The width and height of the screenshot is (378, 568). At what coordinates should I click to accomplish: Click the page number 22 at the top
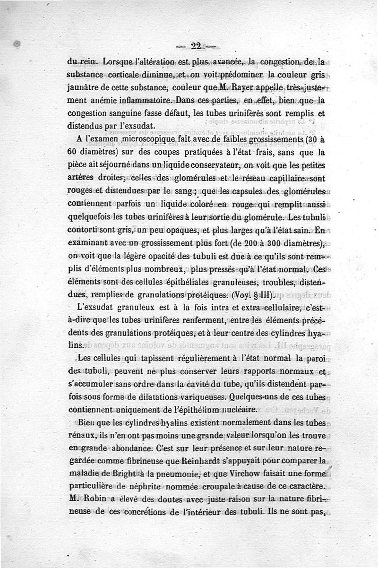point(196,46)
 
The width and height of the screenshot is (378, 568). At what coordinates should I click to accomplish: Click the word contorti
point(83,231)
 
